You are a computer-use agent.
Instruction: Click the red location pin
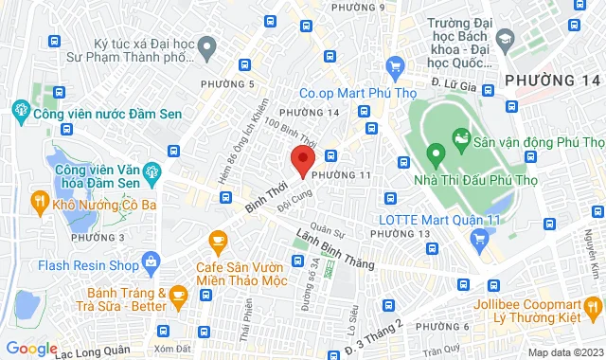click(302, 162)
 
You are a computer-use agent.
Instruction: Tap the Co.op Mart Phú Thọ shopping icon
click(396, 67)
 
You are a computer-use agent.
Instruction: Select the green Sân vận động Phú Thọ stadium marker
click(461, 141)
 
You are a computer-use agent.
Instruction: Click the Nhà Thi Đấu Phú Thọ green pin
click(436, 153)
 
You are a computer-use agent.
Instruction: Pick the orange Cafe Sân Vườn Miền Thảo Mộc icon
click(218, 243)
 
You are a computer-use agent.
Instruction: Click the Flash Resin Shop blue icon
click(150, 261)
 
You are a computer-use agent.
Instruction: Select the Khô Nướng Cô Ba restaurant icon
click(39, 200)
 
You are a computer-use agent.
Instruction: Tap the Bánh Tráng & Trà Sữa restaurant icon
click(179, 298)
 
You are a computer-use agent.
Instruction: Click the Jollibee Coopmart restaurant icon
click(594, 306)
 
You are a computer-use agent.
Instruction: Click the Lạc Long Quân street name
click(98, 350)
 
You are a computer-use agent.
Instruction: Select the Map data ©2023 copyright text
click(564, 352)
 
